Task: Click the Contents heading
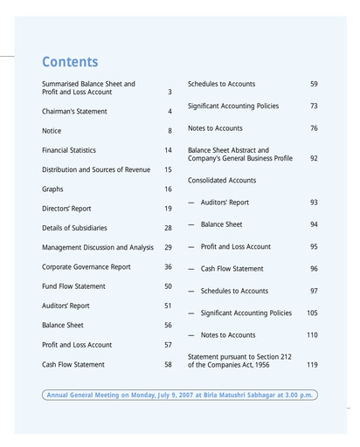tap(70, 63)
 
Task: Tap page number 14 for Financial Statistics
tap(168, 150)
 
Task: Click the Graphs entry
tap(52, 189)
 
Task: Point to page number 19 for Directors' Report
tap(168, 209)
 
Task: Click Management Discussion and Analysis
tap(98, 248)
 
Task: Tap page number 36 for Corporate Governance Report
tap(168, 267)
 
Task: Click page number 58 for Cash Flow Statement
tap(168, 365)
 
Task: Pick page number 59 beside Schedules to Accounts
tap(314, 84)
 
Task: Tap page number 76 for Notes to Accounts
tap(314, 128)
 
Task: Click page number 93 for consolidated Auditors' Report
tap(314, 203)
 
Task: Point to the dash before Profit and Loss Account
tap(191, 247)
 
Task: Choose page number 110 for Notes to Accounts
tap(312, 335)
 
